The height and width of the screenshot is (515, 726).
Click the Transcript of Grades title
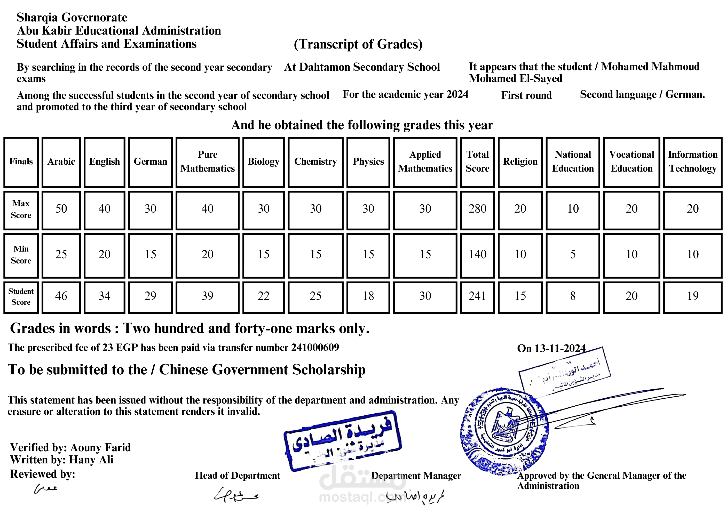pyautogui.click(x=358, y=44)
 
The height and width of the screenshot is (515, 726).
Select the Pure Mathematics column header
pyautogui.click(x=208, y=162)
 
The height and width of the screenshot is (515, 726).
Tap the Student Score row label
pyautogui.click(x=21, y=297)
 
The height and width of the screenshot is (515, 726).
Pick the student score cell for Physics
pyautogui.click(x=368, y=296)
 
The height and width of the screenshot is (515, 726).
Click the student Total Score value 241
pyautogui.click(x=477, y=296)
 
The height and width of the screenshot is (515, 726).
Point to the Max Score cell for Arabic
pyautogui.click(x=61, y=209)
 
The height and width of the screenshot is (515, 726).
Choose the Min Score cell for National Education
pyautogui.click(x=573, y=255)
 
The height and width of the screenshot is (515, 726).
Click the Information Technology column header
pyautogui.click(x=692, y=162)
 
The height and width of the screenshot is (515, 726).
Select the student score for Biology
pyautogui.click(x=263, y=296)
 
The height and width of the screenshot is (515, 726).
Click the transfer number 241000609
pyautogui.click(x=315, y=348)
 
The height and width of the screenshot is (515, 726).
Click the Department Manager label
pyautogui.click(x=416, y=476)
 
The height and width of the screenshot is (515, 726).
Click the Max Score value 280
pyautogui.click(x=477, y=209)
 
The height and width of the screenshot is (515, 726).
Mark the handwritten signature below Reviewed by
pyautogui.click(x=46, y=489)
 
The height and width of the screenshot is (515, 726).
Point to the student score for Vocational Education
pyautogui.click(x=632, y=296)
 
